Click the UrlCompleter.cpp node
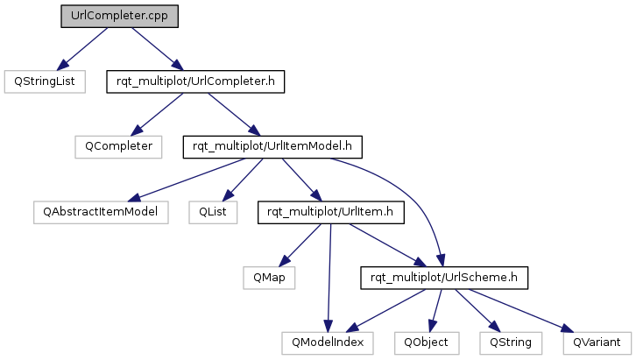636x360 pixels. coord(120,17)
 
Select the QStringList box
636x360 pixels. coord(45,81)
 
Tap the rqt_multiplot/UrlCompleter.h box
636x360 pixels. coord(195,81)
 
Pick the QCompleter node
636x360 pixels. coord(118,147)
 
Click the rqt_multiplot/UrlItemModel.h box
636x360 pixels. coord(272,147)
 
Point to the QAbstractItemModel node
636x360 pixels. coord(101,213)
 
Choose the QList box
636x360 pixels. coord(213,213)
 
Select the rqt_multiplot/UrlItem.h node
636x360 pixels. coord(331,213)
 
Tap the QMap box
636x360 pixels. coord(269,279)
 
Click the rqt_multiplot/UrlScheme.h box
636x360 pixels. coord(444,279)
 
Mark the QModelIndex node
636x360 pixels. coord(328,343)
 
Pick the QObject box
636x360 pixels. coord(427,343)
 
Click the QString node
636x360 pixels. coord(511,343)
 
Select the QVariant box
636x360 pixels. coord(597,343)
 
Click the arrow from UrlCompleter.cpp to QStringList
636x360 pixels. coord(82,49)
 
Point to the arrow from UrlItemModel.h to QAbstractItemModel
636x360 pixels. coord(187,180)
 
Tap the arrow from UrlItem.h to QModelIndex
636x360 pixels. coord(329,279)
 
